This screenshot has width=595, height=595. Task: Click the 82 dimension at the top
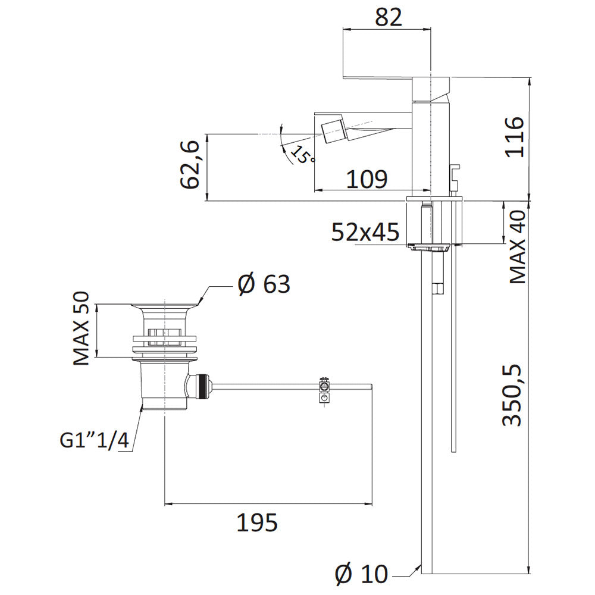[388, 17]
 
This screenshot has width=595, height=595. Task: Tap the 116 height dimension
[515, 137]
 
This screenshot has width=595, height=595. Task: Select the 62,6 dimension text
[190, 164]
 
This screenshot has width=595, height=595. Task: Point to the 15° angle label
[303, 155]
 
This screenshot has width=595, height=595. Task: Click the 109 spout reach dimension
[367, 179]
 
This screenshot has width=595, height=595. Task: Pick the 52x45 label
[365, 232]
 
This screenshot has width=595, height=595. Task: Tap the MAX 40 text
[518, 247]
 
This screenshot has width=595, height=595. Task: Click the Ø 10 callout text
[362, 574]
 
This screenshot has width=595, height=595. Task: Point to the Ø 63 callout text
[264, 284]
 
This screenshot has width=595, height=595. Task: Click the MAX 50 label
[81, 328]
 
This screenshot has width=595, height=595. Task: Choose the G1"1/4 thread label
[95, 440]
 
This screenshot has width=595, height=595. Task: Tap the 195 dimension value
[257, 522]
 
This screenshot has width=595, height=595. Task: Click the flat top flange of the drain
[165, 305]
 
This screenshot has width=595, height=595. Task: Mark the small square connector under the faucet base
[438, 289]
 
